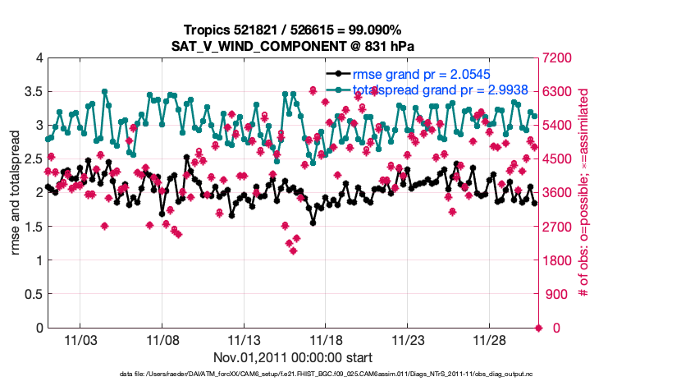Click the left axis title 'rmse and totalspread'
16,192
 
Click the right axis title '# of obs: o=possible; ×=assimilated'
584,192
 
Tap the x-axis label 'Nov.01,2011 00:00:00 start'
294,357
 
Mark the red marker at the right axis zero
539,328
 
